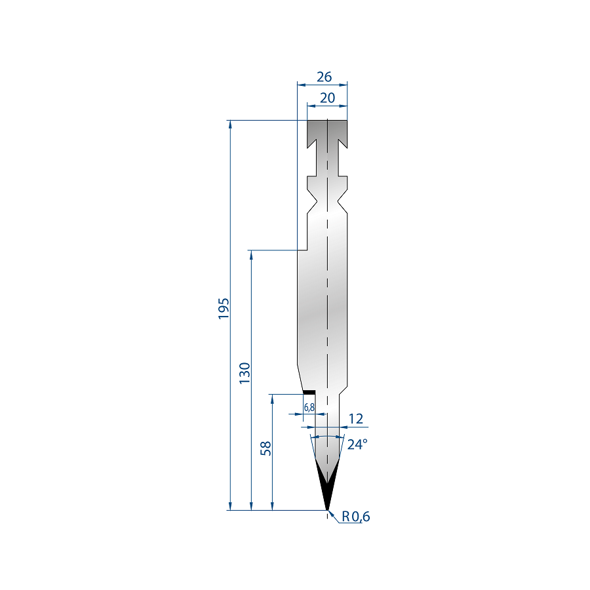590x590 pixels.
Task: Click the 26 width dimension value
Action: pyautogui.click(x=324, y=77)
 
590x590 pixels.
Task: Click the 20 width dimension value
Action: pyautogui.click(x=327, y=98)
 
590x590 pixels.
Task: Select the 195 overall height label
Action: pyautogui.click(x=224, y=309)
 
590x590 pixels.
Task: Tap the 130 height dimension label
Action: pyautogui.click(x=245, y=373)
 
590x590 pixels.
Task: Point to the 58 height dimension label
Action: pyautogui.click(x=265, y=448)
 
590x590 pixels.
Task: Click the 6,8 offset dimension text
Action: pyautogui.click(x=309, y=407)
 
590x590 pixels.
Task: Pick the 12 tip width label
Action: pyautogui.click(x=355, y=419)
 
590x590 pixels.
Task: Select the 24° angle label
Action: pyautogui.click(x=357, y=444)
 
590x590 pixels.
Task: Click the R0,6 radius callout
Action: pyautogui.click(x=355, y=517)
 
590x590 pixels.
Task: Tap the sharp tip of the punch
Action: pyautogui.click(x=327, y=510)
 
